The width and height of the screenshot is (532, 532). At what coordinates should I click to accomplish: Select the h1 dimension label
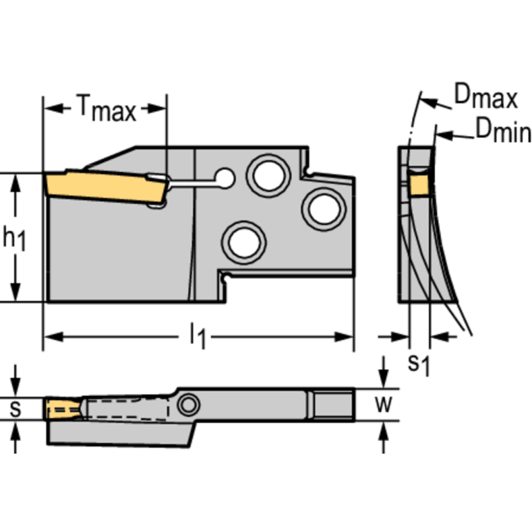[15, 238]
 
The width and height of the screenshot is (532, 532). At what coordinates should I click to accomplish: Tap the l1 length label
[198, 338]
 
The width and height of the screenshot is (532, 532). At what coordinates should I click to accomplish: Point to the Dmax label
[486, 98]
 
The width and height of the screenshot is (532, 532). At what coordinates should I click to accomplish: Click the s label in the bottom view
[15, 409]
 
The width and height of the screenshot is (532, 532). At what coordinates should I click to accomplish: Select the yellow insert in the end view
[418, 185]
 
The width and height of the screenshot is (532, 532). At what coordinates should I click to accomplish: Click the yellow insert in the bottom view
[58, 410]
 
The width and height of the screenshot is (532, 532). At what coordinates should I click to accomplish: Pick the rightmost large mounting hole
[323, 207]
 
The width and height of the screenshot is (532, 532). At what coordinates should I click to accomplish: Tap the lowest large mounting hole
[243, 242]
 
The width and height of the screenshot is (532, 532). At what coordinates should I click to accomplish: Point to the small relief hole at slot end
[224, 179]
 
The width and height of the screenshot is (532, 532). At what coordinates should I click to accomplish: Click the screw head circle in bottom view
[187, 404]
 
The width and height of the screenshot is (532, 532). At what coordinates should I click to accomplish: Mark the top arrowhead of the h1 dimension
[15, 179]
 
